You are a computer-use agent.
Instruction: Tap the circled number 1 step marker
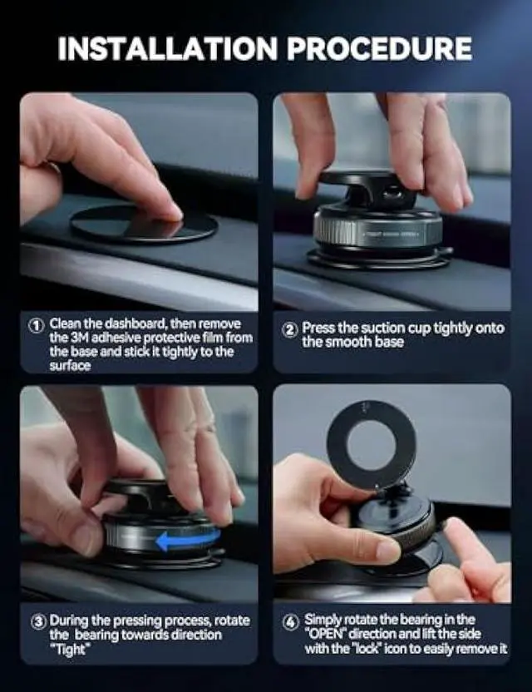pos(37,325)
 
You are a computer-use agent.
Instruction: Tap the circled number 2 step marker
pos(289,329)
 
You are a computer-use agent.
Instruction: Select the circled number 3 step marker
pos(37,621)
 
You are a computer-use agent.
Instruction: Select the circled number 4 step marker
pos(289,621)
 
